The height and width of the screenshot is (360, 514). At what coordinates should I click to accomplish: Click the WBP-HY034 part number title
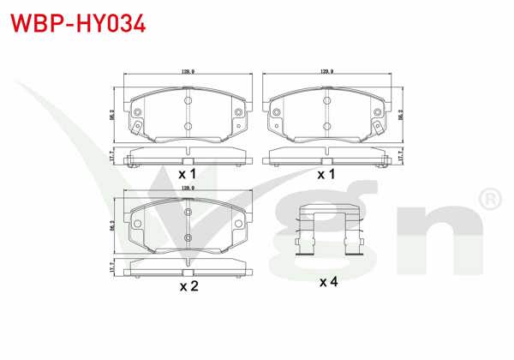click(x=78, y=22)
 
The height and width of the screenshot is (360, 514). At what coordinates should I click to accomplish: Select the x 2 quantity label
click(x=188, y=286)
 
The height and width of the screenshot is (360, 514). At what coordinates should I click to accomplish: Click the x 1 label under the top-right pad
click(x=326, y=173)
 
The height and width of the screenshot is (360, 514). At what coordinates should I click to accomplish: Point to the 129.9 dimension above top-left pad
click(x=187, y=72)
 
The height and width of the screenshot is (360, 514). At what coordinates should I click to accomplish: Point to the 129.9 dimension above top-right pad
click(x=326, y=72)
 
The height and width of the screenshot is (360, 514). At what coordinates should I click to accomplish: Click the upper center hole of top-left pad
click(x=188, y=98)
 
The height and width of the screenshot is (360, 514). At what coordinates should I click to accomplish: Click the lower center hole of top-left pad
click(x=188, y=125)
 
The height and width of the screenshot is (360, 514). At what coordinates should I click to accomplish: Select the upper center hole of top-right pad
click(x=327, y=98)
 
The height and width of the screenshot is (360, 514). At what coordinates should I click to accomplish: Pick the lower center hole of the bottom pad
click(x=188, y=238)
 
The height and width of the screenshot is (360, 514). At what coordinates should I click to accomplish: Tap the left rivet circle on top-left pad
click(x=137, y=111)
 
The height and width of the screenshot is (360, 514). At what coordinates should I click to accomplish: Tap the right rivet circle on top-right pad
click(x=378, y=111)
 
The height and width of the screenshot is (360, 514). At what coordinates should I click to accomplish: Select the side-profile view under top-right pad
click(x=327, y=156)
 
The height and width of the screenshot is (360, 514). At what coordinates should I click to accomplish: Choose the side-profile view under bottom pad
click(x=188, y=269)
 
